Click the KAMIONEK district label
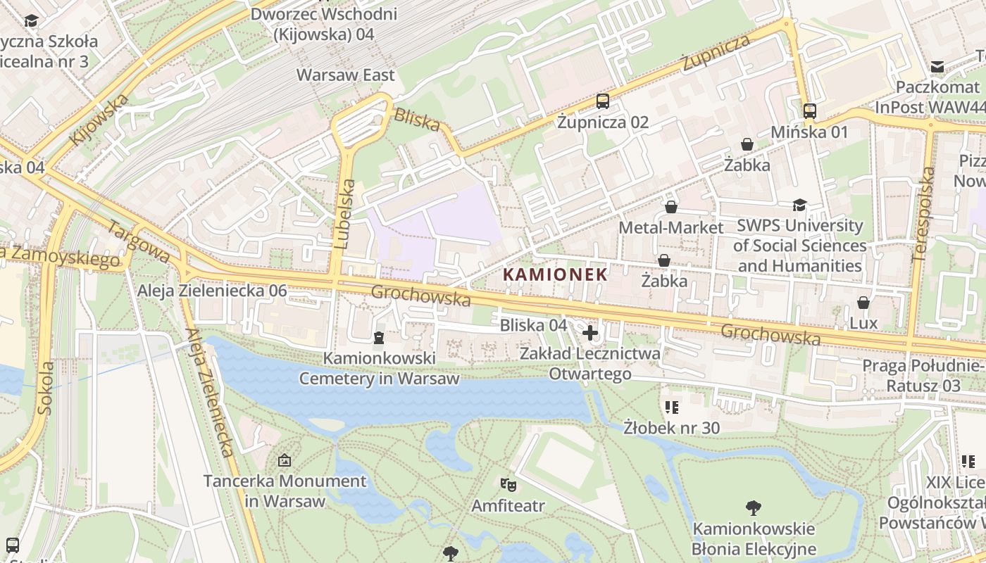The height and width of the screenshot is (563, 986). (x=556, y=274)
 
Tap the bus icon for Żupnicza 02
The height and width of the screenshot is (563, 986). (x=603, y=101)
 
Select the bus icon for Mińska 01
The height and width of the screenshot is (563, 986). (x=810, y=111)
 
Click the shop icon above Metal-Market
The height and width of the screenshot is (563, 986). (x=671, y=207)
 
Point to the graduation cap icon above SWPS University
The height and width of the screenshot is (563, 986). (x=799, y=205)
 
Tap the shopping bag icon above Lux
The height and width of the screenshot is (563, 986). (x=863, y=303)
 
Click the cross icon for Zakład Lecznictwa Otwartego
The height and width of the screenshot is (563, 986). (x=590, y=332)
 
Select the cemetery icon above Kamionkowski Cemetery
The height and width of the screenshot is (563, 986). (x=379, y=339)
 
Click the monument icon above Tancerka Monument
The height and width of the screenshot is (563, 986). (x=285, y=461)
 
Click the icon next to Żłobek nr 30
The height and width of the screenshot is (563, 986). (x=671, y=407)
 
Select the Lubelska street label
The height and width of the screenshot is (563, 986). (x=345, y=214)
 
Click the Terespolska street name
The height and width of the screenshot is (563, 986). (x=924, y=214)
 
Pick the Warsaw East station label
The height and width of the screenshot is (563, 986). (x=346, y=75)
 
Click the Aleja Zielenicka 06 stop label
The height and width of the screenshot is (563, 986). (x=212, y=291)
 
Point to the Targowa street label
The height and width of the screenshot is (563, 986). (x=138, y=241)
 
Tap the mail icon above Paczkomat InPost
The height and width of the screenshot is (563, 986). (x=937, y=67)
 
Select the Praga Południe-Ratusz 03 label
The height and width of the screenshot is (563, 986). (x=923, y=376)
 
